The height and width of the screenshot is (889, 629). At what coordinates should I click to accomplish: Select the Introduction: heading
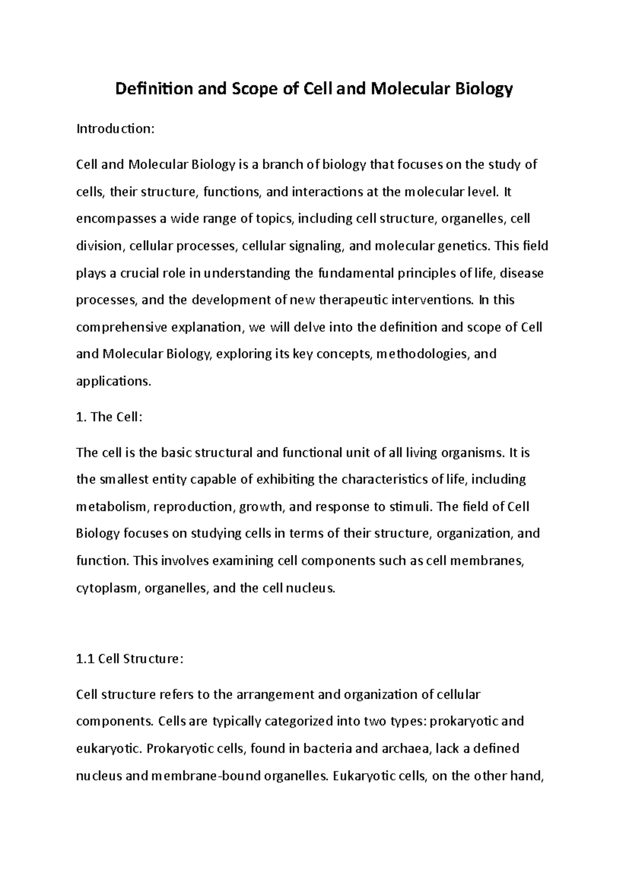click(115, 129)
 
